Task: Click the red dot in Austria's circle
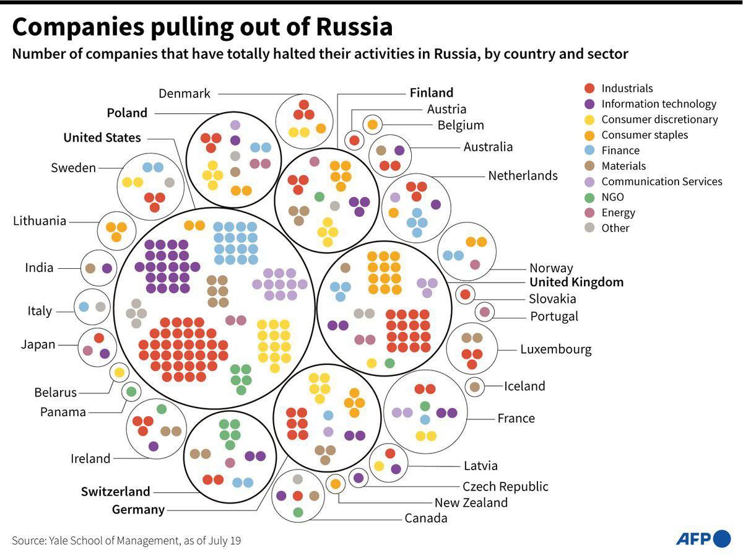[x=354, y=141]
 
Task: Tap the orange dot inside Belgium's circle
[x=372, y=125]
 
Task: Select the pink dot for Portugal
[x=485, y=312]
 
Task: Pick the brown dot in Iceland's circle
[x=475, y=387]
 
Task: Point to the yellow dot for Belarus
[x=119, y=372]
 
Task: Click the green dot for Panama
[x=131, y=391]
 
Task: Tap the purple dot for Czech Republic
[x=358, y=478]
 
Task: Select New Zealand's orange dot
[x=335, y=483]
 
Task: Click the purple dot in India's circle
[x=106, y=269]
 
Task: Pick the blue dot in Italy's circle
[x=84, y=307]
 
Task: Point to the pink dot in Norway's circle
[x=475, y=264]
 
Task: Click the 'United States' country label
[x=102, y=138]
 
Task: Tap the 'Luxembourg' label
[x=555, y=349]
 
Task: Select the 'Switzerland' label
[x=116, y=491]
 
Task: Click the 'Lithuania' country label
[x=40, y=221]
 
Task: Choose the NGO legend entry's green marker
[x=589, y=197]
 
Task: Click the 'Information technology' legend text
[x=659, y=104]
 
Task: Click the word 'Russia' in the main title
[x=354, y=27]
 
